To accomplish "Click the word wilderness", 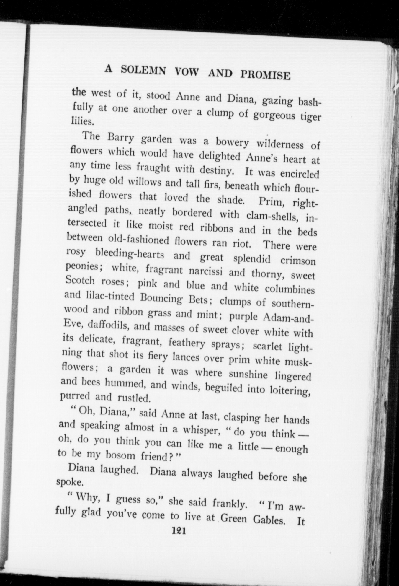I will pos(280,144).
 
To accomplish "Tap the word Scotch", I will pos(79,281).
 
